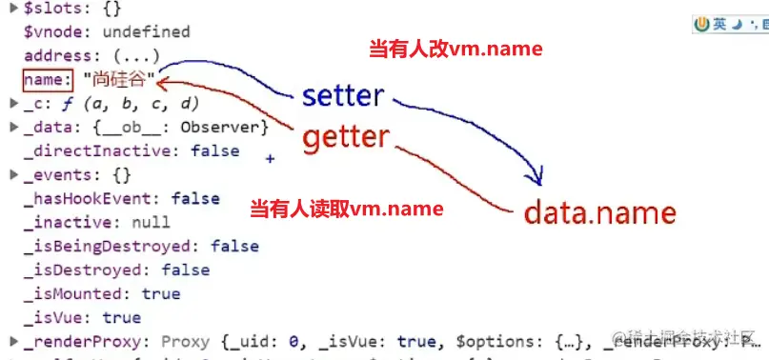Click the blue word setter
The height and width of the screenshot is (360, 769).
[x=343, y=95]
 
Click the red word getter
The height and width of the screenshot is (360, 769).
[x=346, y=139]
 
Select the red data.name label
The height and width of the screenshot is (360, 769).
[x=600, y=212]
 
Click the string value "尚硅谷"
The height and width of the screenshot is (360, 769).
[x=119, y=79]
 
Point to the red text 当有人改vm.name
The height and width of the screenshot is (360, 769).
[x=455, y=49]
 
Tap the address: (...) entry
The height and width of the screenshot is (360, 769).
[x=91, y=55]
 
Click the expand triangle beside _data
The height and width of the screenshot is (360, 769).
[x=12, y=127]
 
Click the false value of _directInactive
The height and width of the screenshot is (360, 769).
[x=214, y=150]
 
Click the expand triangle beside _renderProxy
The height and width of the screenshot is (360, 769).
[x=12, y=341]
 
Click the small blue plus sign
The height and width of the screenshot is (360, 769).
[x=270, y=160]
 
